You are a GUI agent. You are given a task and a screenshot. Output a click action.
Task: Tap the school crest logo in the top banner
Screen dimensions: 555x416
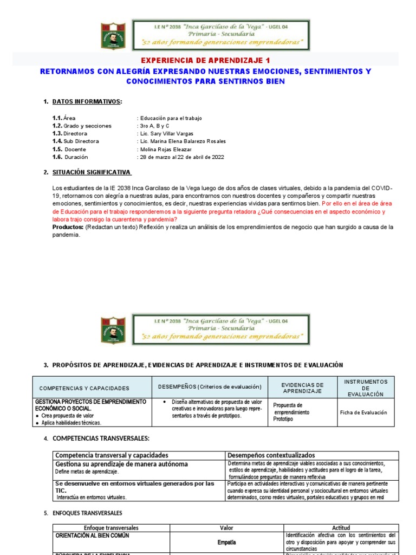(113, 35)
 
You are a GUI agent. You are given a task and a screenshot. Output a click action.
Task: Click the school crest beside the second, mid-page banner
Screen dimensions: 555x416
(113, 330)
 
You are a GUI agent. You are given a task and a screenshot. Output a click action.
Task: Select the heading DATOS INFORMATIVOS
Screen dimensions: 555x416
(87, 101)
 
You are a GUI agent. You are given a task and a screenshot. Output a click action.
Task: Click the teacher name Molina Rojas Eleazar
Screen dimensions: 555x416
(166, 149)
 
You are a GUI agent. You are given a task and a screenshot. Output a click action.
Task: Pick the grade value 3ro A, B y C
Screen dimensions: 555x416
(154, 126)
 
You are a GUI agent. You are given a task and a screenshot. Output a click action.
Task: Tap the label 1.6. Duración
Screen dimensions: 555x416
(69, 157)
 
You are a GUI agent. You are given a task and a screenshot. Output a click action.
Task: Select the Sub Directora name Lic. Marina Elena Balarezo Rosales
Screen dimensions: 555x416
(183, 141)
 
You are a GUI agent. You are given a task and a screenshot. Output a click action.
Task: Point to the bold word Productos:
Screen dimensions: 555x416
(67, 227)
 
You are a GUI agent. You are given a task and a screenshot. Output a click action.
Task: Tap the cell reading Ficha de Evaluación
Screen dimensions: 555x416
(363, 412)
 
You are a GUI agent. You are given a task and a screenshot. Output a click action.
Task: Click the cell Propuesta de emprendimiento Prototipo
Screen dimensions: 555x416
(291, 412)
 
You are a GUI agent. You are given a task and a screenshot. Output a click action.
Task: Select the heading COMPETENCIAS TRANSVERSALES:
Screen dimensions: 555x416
(100, 438)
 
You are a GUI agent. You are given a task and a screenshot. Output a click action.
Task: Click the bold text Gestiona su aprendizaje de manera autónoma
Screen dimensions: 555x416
(121, 464)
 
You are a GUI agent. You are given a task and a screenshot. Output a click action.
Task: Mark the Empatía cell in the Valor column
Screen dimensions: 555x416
(227, 543)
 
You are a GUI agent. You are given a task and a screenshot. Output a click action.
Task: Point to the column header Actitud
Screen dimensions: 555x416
(341, 528)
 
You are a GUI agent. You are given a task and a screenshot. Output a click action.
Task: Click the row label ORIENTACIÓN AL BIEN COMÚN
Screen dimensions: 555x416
(92, 535)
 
